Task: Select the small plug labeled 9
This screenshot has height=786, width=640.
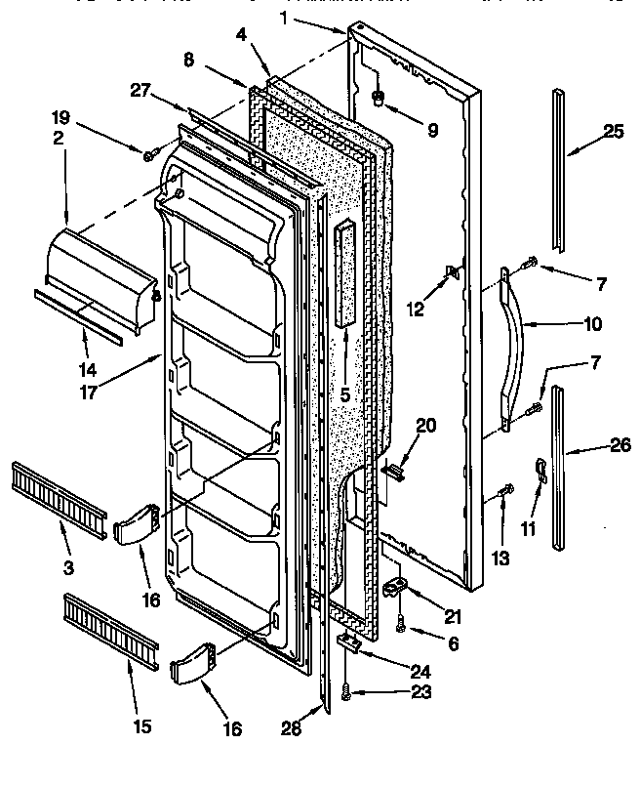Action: (379, 97)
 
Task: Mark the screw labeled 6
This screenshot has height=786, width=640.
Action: (400, 627)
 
